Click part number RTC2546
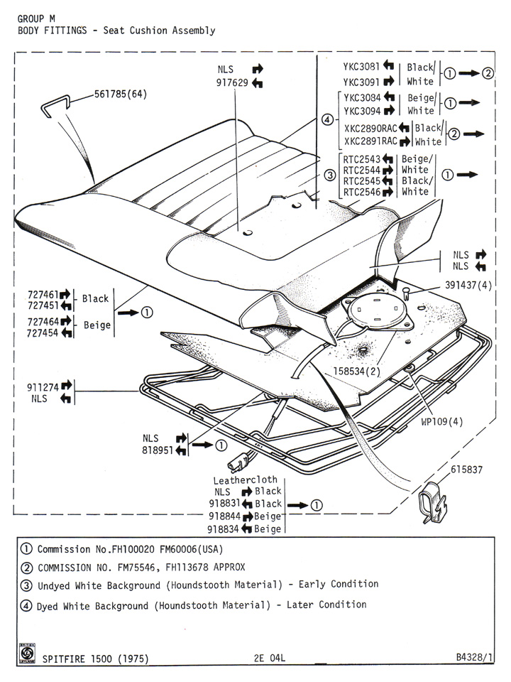coord(360,192)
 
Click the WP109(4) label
coord(441,421)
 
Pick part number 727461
coord(38,293)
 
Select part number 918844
coord(224,516)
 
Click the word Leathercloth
coord(246,480)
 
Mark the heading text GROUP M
coord(37,19)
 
